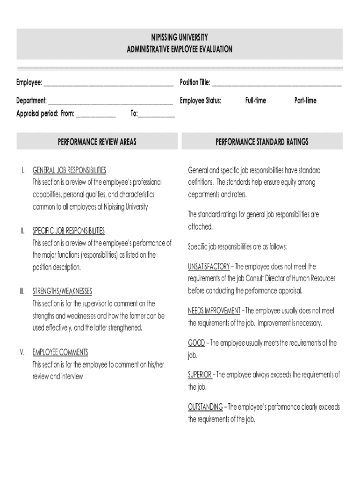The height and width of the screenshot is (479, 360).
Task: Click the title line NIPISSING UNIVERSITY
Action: tap(180, 37)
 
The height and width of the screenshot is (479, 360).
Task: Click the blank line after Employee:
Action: tap(108, 84)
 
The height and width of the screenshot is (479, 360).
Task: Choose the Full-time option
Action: tap(255, 101)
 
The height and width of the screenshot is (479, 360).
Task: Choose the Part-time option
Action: tap(305, 101)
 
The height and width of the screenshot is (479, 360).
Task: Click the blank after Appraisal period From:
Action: tap(96, 115)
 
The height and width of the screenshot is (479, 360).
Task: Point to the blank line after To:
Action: tap(157, 115)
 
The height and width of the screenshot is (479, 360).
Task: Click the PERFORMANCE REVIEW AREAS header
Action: tap(97, 141)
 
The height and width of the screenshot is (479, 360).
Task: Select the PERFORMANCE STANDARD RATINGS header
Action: tap(262, 141)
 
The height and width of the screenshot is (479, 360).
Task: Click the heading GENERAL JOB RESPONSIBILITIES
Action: tap(69, 170)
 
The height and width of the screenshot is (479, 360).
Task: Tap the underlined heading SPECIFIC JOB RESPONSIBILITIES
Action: tap(68, 231)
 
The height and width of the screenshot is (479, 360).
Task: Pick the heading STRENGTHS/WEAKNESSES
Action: tap(62, 291)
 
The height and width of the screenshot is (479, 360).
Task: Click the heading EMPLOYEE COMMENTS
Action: tap(60, 352)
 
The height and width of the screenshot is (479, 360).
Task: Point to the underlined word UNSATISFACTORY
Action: tap(209, 267)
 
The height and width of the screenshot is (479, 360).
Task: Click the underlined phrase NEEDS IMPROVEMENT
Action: tap(214, 311)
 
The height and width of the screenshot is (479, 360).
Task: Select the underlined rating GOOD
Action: tap(196, 343)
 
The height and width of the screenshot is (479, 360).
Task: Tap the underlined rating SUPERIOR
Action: tap(200, 375)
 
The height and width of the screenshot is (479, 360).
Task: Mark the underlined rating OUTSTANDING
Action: tap(205, 407)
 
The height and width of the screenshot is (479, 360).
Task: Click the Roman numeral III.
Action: tap(22, 291)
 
